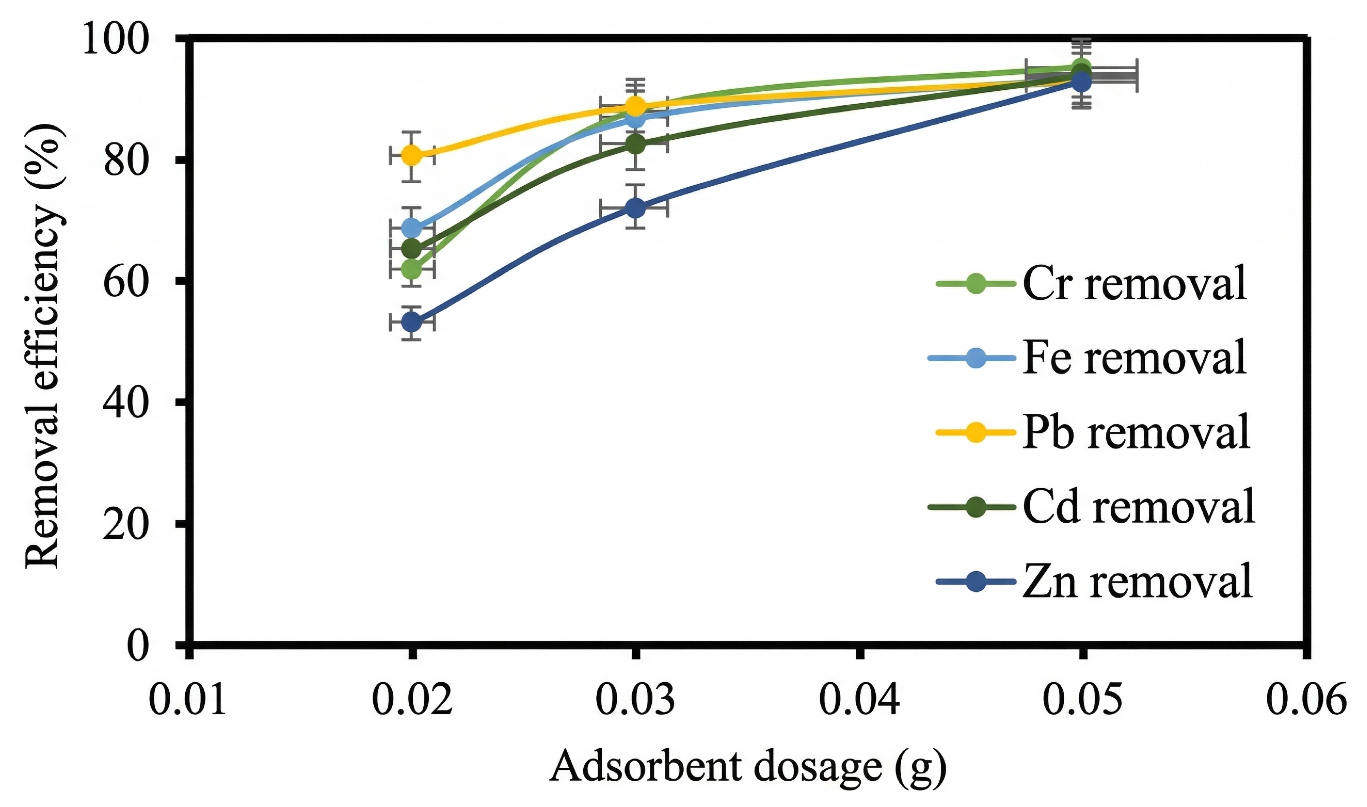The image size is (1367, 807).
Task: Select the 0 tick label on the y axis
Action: (x=137, y=646)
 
